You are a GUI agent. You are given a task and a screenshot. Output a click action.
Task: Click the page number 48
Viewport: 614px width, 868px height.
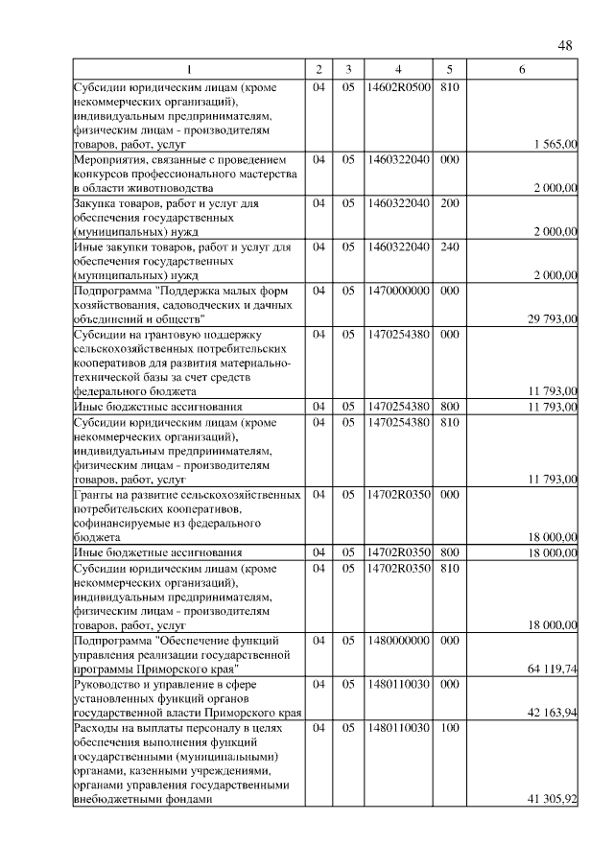[564, 45]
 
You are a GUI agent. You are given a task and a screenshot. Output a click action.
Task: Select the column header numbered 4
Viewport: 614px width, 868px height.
[397, 70]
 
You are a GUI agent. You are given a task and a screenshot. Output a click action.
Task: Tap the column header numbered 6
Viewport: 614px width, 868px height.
[521, 70]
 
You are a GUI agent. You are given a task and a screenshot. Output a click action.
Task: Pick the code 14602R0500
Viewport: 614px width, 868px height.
[397, 88]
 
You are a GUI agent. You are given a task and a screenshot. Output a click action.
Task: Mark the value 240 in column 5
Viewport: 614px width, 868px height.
[449, 247]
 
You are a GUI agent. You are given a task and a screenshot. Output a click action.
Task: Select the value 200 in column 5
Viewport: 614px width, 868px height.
[449, 204]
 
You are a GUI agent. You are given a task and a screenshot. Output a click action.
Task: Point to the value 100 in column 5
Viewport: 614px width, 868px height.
[449, 728]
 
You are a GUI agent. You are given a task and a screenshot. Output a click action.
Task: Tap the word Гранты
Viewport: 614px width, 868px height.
[94, 494]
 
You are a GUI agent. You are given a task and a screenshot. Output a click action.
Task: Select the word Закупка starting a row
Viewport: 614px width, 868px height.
[98, 204]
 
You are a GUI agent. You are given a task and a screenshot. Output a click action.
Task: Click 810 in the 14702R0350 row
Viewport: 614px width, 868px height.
[449, 568]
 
